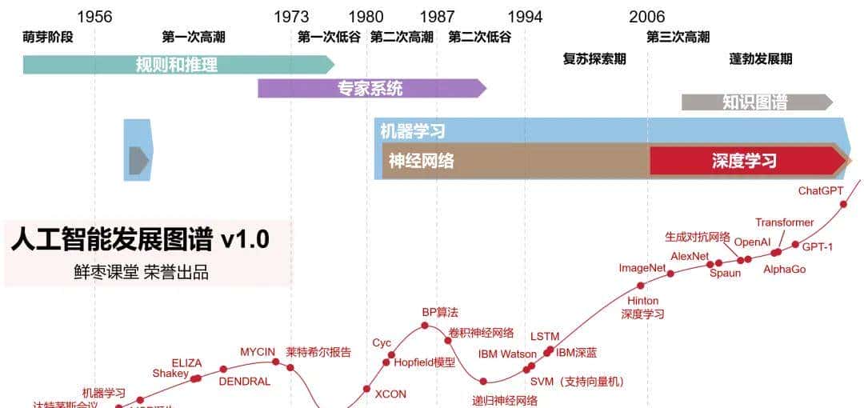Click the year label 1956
coord(94,17)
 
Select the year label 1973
coord(291,17)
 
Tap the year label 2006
coord(646,17)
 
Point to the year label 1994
coord(525,17)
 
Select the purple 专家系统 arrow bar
coord(370,89)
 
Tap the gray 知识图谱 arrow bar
coord(755,102)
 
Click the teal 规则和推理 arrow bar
coord(177,65)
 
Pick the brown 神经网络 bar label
coord(422,161)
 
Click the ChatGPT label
coord(821,191)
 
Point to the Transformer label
coord(784,222)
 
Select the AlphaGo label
coord(784,270)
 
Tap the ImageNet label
coord(642,268)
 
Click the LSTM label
coord(545,336)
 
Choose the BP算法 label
coord(440,312)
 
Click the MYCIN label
coord(258,352)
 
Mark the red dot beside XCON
coord(366,390)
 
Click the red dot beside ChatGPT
coord(844,204)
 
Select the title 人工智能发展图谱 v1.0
coord(140,239)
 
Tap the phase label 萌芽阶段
coord(48,37)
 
